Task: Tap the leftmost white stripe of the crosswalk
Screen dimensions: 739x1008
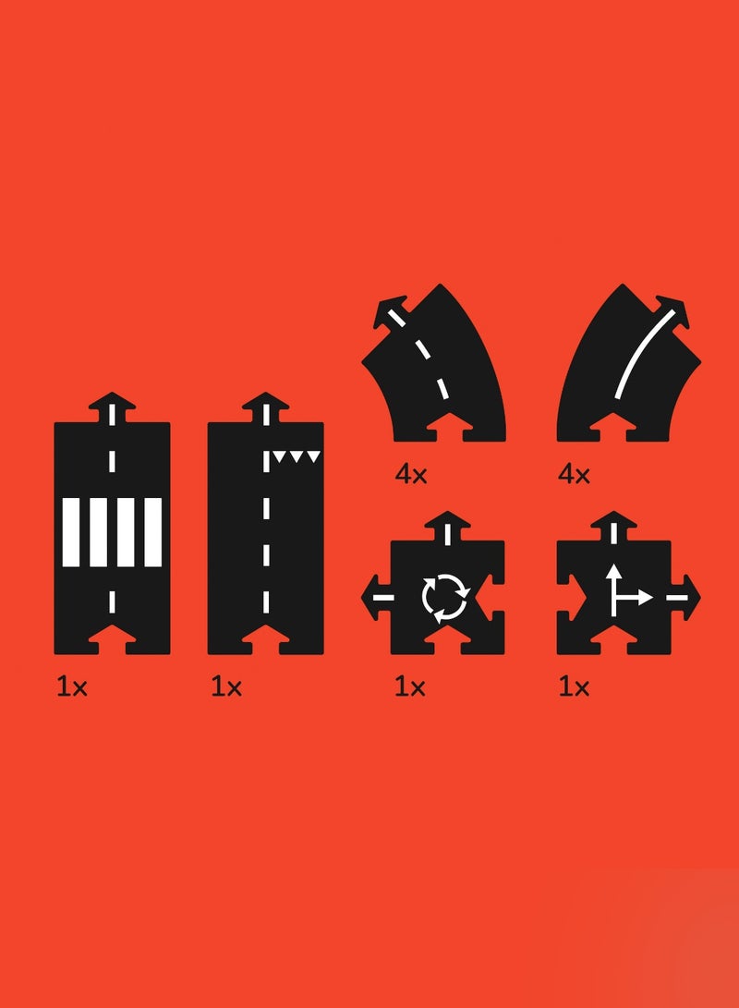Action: (x=71, y=531)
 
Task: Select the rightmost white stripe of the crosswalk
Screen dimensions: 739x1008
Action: (x=153, y=531)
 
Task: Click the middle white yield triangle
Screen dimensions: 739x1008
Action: (x=297, y=456)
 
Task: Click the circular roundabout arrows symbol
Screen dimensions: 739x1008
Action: (x=445, y=597)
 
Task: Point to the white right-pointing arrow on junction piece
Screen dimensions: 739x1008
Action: (x=633, y=598)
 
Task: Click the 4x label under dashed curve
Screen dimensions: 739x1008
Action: (x=411, y=475)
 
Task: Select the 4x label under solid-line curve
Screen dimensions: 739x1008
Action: (x=574, y=475)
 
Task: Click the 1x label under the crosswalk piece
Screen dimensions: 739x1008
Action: (x=71, y=687)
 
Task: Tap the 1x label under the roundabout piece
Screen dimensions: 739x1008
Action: (x=409, y=687)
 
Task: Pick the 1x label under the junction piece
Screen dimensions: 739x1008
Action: (x=574, y=687)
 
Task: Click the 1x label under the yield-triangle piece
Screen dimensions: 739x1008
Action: (x=226, y=687)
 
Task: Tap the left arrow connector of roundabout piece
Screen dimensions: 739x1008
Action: (x=376, y=597)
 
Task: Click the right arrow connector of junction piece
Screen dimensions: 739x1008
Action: (x=685, y=597)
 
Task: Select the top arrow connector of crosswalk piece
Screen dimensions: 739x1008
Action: (x=112, y=407)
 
